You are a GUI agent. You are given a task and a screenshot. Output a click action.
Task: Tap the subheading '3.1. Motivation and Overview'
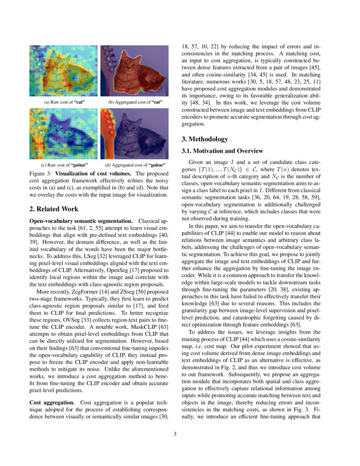pos(222,151)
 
